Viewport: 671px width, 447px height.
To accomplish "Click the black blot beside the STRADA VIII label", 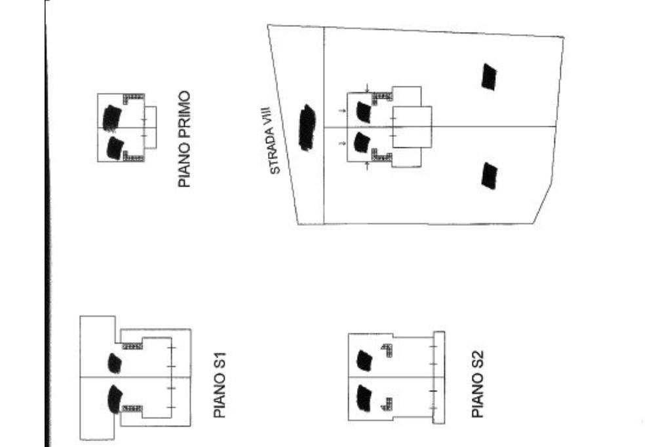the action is [307, 128].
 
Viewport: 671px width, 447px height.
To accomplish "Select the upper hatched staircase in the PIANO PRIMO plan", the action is [132, 98].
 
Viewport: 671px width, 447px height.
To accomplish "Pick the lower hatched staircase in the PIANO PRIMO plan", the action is [132, 156].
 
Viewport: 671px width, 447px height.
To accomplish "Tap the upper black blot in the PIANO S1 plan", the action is [115, 363].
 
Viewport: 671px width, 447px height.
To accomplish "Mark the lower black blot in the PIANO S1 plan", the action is [115, 400].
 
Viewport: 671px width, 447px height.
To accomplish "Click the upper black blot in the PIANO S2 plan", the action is [364, 361].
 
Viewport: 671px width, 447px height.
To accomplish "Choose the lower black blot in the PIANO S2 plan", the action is [364, 398].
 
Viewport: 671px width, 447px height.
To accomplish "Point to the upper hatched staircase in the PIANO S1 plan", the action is [132, 346].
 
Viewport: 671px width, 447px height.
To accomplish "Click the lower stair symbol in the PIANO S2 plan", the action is [388, 404].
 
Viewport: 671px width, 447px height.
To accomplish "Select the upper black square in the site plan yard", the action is [489, 77].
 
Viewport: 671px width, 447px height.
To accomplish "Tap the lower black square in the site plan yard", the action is [489, 175].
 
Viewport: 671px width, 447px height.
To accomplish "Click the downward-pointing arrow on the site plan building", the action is [367, 88].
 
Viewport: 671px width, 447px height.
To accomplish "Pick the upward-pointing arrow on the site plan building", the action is [367, 166].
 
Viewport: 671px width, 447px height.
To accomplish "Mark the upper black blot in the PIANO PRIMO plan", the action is [112, 118].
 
